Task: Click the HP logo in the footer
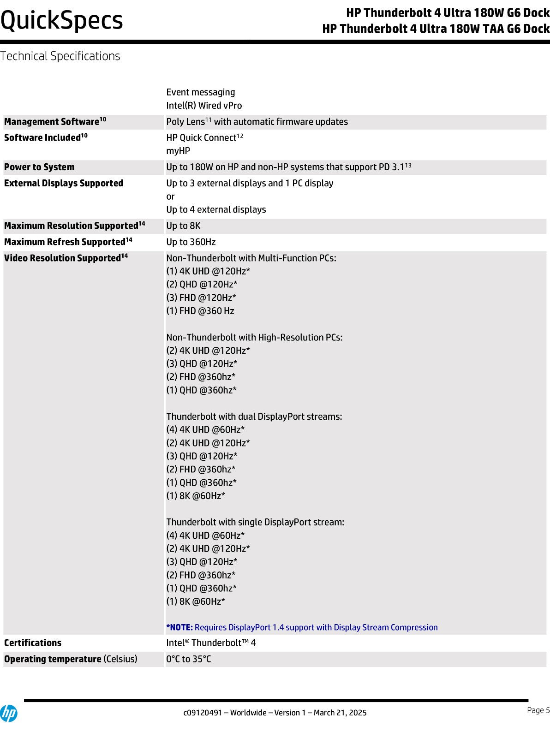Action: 8,713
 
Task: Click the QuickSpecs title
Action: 62,21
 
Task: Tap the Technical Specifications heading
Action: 60,56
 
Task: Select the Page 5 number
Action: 538,710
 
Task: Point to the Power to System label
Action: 39,167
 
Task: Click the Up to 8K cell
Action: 183,226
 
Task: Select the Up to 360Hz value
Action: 191,242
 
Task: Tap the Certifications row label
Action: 33,643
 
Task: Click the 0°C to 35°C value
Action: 188,659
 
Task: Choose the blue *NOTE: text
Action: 179,627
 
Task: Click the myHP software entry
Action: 178,151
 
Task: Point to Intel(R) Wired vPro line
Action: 204,105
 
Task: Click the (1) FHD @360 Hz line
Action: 200,311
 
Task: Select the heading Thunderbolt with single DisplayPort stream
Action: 255,522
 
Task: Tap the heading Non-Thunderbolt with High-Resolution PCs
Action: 254,337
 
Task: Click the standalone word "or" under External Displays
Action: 170,196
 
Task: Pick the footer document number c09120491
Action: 203,713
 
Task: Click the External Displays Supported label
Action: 64,183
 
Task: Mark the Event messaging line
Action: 200,92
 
